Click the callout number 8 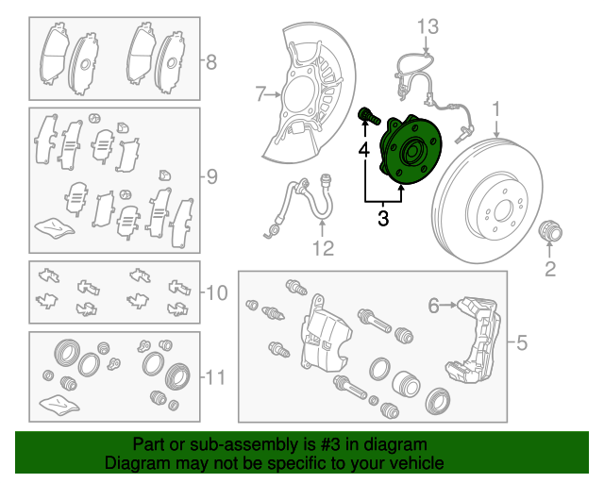coord(211,63)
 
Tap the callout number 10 coord(216,293)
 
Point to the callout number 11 coord(216,378)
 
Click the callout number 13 coord(428,25)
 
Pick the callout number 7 coord(261,93)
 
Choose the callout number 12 coord(323,249)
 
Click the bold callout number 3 coord(382,220)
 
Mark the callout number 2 coord(550,272)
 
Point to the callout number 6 coord(434,305)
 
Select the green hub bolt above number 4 coord(369,117)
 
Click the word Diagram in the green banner coord(137,463)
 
